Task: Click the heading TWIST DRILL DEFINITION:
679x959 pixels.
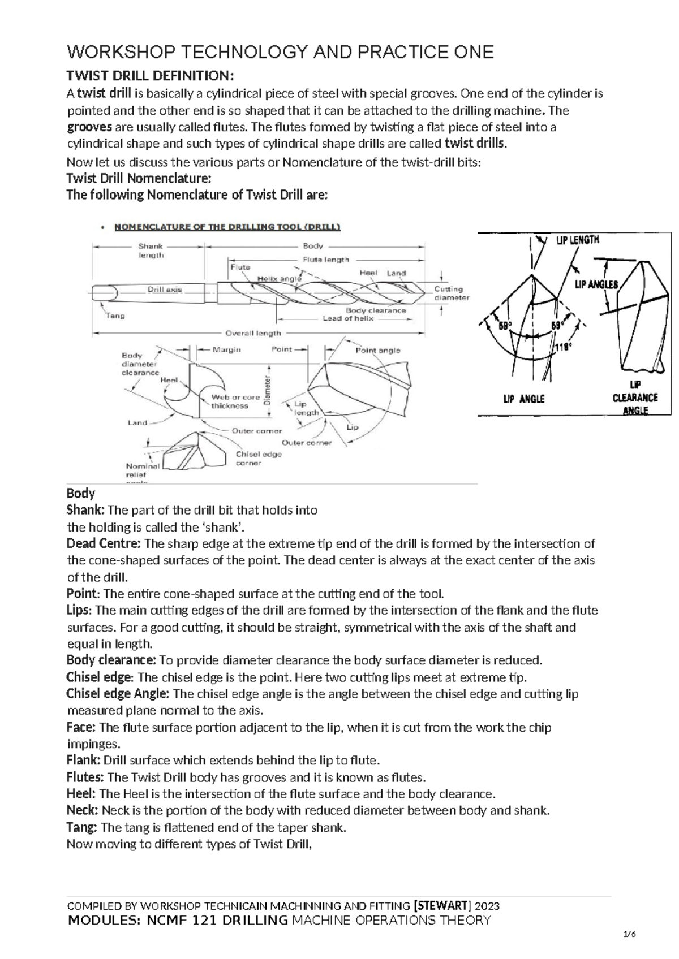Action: click(150, 76)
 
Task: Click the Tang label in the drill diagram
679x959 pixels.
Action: click(115, 316)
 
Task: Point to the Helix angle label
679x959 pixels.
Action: click(280, 279)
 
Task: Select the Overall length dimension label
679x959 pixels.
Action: click(253, 333)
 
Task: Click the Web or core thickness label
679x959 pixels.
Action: click(235, 401)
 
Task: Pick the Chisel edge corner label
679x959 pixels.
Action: click(259, 458)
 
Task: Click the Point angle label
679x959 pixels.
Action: click(377, 350)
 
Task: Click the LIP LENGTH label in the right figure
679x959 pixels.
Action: click(577, 240)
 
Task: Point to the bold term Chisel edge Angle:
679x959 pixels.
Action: click(118, 694)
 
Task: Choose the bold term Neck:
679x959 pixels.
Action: click(83, 810)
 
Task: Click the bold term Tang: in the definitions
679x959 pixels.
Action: click(83, 827)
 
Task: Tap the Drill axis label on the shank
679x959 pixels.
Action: click(165, 290)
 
